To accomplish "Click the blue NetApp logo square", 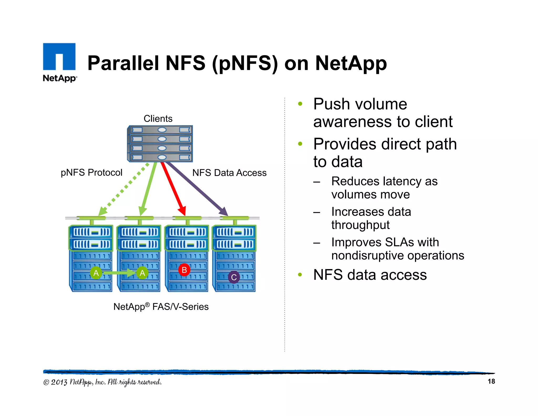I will click(59, 57).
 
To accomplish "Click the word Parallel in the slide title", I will click(123, 63).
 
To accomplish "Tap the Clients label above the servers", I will click(158, 119).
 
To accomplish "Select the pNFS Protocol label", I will click(91, 173).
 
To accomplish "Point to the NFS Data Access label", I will click(229, 173).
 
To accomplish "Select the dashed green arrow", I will click(123, 189).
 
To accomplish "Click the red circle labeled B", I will click(184, 270).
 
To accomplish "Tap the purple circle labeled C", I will click(234, 277).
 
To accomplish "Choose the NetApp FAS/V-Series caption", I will click(161, 307).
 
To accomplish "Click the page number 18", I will click(491, 381).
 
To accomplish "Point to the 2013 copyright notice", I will click(102, 382).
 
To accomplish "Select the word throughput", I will click(360, 225).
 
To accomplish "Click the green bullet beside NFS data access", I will click(300, 275).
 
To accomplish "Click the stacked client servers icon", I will click(160, 144).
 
